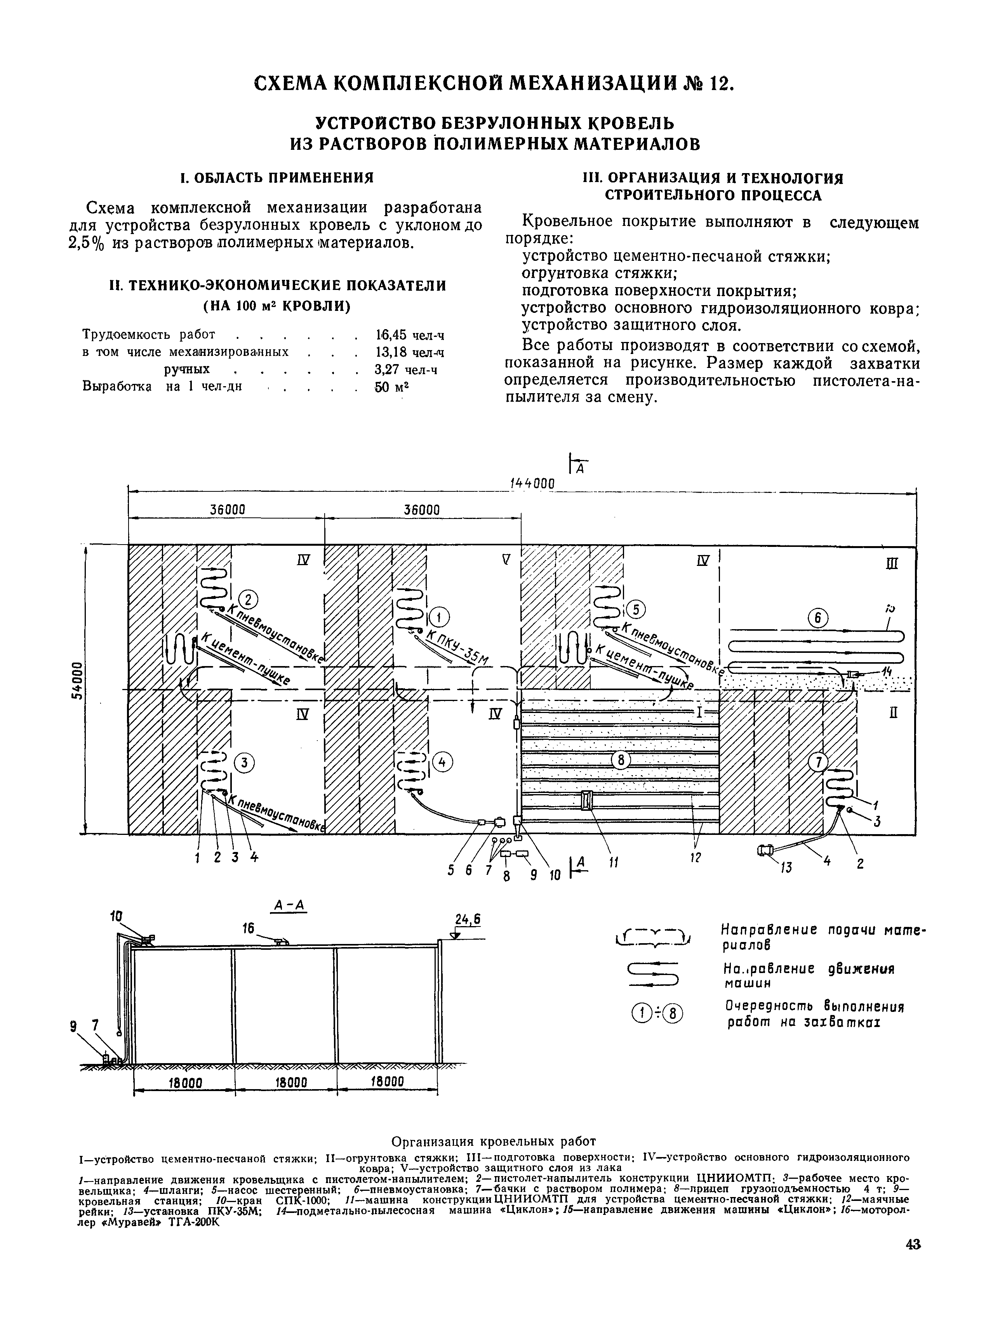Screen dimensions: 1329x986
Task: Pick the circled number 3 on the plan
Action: (243, 762)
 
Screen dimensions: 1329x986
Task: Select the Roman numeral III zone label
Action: (892, 564)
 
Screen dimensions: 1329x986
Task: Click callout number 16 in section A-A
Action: (249, 928)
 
